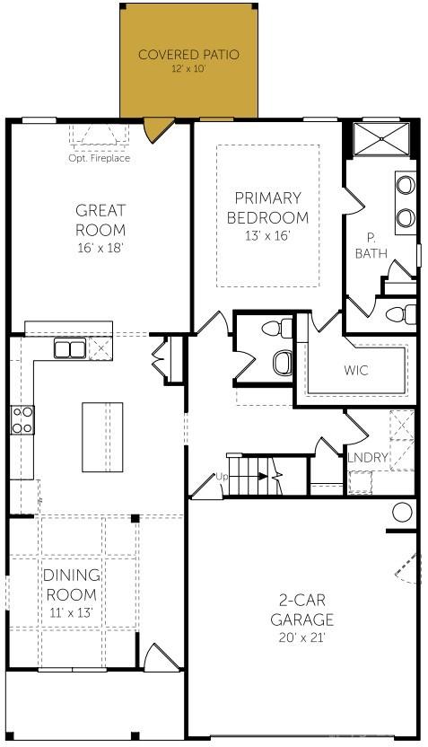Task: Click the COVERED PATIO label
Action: click(x=188, y=55)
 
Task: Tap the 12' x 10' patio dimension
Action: click(x=188, y=69)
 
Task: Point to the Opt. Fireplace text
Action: click(x=99, y=159)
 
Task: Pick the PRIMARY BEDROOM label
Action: click(x=267, y=207)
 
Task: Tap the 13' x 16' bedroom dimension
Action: click(x=267, y=236)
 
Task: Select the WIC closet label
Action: click(x=356, y=370)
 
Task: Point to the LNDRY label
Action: click(x=368, y=458)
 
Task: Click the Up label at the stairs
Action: click(x=221, y=476)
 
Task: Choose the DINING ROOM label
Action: click(x=72, y=584)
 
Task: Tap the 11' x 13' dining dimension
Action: click(x=72, y=612)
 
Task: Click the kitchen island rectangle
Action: click(x=103, y=437)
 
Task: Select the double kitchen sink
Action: click(x=93, y=348)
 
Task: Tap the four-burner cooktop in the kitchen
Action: click(x=22, y=420)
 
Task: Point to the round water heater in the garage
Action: click(x=402, y=513)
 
